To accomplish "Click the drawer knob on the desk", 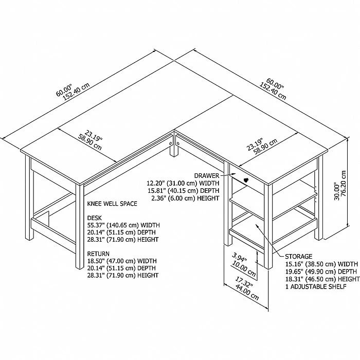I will (246, 180).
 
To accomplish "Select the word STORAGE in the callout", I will (299, 256).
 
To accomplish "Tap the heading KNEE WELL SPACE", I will (112, 204).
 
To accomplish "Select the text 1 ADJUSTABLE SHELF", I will (315, 287).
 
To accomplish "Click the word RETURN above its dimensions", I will (98, 254).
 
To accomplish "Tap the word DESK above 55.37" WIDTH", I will (95, 218).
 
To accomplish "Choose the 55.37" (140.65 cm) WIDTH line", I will (123, 225).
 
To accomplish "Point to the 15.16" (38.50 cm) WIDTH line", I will (322, 264).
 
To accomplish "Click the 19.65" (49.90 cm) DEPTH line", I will (322, 272).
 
